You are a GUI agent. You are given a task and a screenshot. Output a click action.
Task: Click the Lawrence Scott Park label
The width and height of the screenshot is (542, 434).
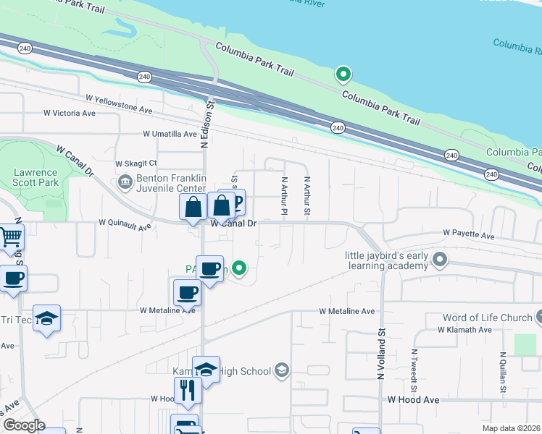coord(35,178)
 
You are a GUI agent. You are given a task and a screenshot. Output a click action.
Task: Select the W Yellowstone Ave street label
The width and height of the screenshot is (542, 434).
coord(119,103)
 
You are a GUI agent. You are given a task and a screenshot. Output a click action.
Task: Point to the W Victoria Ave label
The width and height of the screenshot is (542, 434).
coord(70,114)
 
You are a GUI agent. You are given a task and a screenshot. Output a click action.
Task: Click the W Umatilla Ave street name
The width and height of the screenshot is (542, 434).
coord(170,135)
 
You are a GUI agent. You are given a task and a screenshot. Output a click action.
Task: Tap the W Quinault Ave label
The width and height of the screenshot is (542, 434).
coord(125,226)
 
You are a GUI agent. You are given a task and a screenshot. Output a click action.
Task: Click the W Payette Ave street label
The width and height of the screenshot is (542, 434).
coord(469,236)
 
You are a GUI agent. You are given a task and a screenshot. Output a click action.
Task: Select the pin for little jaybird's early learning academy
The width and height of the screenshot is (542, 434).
coord(438,258)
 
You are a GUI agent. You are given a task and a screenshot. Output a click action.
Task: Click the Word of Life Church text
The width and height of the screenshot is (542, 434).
coord(486,318)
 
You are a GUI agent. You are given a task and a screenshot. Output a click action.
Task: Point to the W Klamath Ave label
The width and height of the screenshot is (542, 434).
coord(464,329)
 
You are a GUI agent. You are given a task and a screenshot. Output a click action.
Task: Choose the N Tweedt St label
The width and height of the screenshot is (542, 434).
coord(414,366)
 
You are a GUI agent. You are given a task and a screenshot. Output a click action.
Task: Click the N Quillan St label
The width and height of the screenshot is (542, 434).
coord(502,373)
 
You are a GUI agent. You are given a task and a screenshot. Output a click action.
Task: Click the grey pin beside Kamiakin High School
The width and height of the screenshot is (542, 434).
coord(281,371)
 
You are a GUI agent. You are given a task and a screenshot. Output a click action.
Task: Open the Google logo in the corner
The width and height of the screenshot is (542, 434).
coord(23,425)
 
